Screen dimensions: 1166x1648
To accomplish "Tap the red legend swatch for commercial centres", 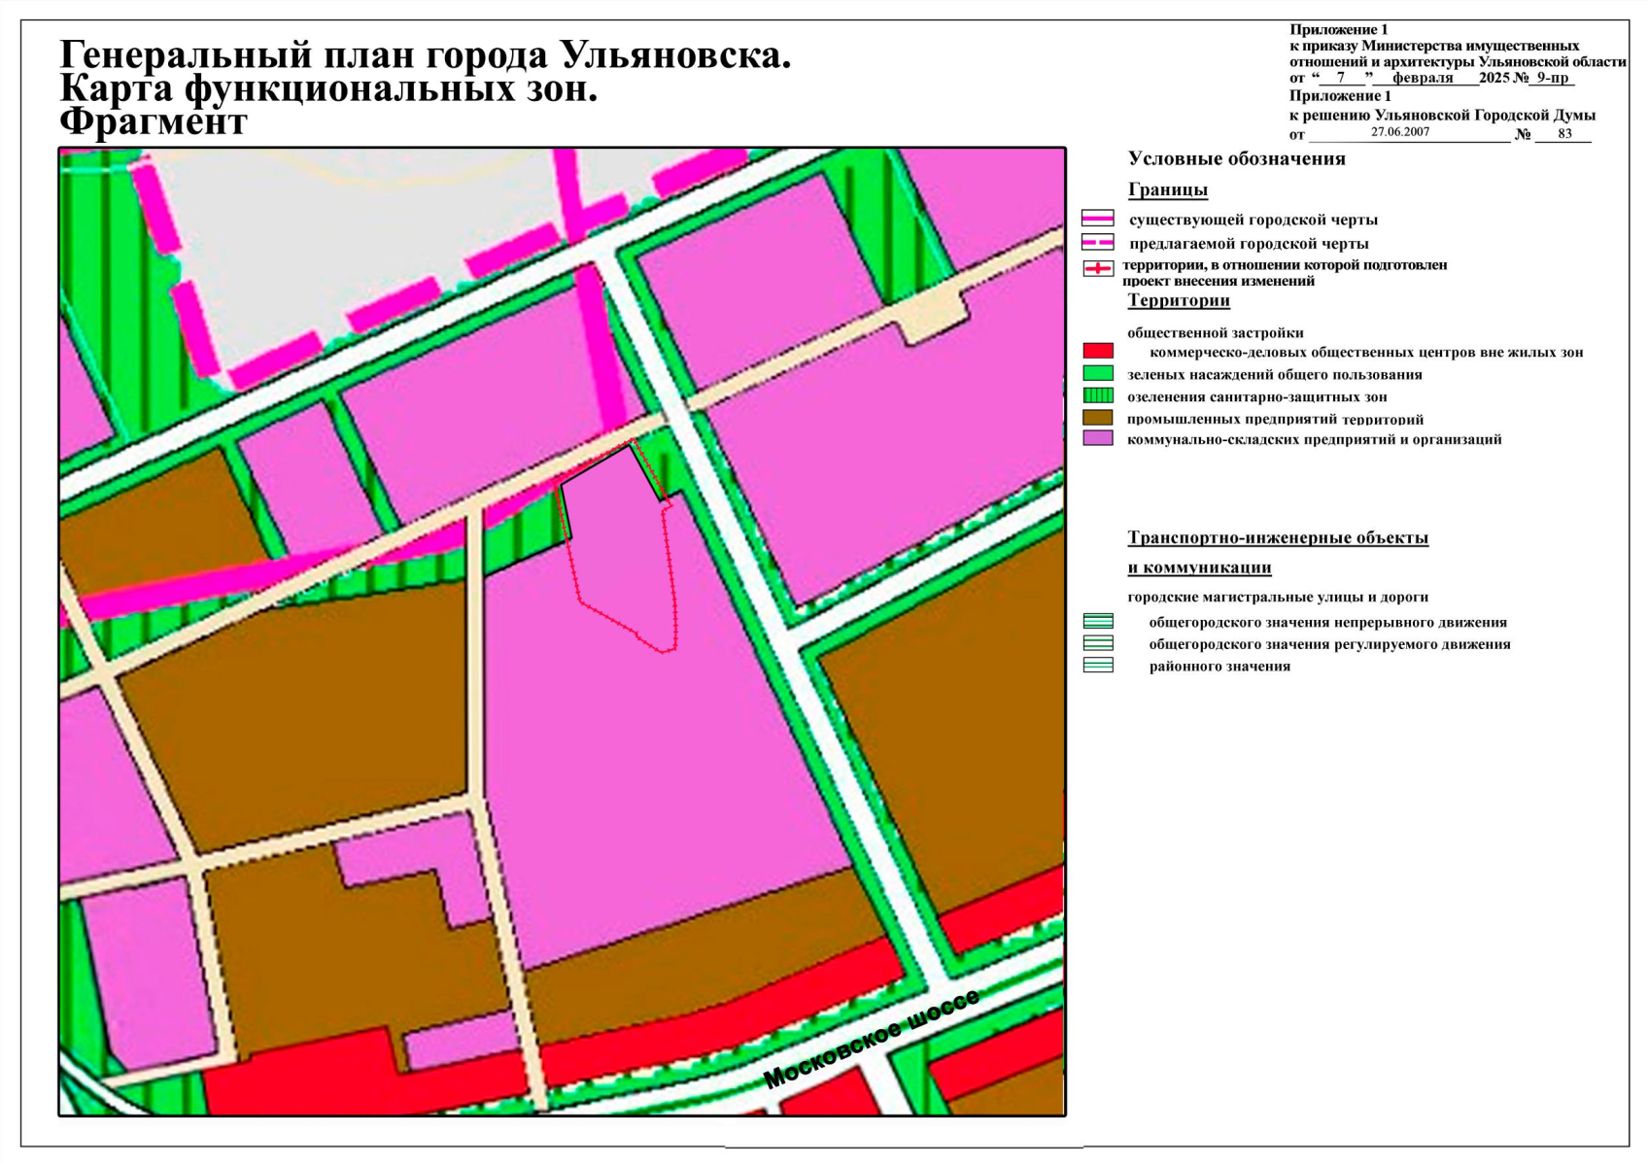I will click(x=1098, y=351).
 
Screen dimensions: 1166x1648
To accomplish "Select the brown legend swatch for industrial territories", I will click(x=1098, y=417).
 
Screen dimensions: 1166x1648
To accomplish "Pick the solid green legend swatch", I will click(x=1098, y=373).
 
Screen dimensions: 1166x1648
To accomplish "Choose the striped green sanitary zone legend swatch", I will click(x=1098, y=395).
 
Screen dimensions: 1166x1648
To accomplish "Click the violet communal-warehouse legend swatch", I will click(x=1098, y=438).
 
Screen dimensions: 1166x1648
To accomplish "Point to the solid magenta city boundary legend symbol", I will click(x=1098, y=219).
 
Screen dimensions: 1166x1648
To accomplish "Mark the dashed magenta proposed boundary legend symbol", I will click(x=1098, y=243).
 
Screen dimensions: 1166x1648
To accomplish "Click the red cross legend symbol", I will click(x=1098, y=268).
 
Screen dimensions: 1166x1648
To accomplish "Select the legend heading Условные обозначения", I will click(x=1236, y=159).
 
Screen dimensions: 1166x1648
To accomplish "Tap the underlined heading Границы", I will click(x=1167, y=189).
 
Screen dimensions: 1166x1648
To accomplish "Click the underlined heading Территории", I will click(x=1178, y=300).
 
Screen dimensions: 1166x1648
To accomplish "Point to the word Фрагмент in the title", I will click(x=154, y=122).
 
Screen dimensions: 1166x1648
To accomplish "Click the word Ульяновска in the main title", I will click(x=675, y=55).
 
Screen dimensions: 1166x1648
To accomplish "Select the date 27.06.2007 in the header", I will click(x=1400, y=132).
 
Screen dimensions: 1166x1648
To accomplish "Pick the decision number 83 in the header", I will click(x=1564, y=134).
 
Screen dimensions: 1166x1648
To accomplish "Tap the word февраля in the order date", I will click(x=1423, y=78).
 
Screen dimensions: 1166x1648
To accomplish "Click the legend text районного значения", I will click(x=1219, y=667).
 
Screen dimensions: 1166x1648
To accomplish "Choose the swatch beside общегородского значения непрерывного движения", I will click(x=1098, y=621).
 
